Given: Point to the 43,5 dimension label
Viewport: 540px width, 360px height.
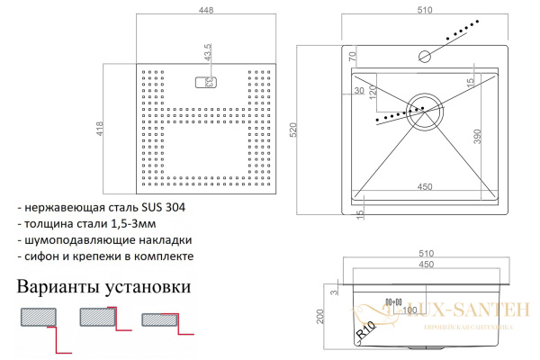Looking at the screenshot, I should click(208, 53).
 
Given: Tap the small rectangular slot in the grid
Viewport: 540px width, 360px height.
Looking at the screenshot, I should click(202, 82).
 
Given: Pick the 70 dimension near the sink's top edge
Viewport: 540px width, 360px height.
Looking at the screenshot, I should click(353, 56).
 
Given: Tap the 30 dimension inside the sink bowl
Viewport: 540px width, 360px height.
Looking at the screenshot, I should click(360, 92).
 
